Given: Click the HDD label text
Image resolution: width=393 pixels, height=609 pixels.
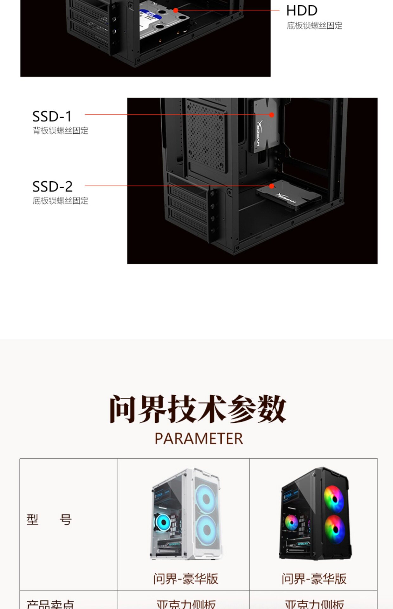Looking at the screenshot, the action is [301, 11].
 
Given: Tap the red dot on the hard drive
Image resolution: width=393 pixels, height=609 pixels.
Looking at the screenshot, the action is [176, 10].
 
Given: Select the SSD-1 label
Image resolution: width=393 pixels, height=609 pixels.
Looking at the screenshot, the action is [52, 116].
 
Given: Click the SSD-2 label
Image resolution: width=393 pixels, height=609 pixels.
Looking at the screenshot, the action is [52, 187].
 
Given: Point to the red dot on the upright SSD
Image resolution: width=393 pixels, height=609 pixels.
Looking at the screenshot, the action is [272, 115].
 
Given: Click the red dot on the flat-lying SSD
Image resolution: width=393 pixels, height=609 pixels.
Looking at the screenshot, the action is [272, 186].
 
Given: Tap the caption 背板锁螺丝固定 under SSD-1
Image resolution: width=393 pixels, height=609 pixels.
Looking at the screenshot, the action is [61, 131].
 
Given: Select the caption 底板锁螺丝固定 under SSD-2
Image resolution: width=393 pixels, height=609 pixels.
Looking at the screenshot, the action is [61, 201].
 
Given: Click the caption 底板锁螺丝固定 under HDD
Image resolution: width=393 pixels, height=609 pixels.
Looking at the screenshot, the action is [314, 26].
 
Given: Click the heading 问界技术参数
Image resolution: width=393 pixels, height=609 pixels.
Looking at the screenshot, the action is [198, 409].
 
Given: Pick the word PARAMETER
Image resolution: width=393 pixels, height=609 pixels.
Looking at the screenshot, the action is [199, 439].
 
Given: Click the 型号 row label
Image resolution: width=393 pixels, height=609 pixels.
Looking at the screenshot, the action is [49, 520].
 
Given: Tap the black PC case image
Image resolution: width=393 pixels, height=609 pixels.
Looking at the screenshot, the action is [316, 514].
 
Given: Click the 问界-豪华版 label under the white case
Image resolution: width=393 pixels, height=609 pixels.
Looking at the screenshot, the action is [186, 579].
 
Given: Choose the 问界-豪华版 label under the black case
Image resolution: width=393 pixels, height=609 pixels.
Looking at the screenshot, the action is [314, 579].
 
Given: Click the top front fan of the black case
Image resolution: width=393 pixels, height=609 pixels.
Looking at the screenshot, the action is [334, 499].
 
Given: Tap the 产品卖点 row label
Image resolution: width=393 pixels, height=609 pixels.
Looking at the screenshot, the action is [50, 604].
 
